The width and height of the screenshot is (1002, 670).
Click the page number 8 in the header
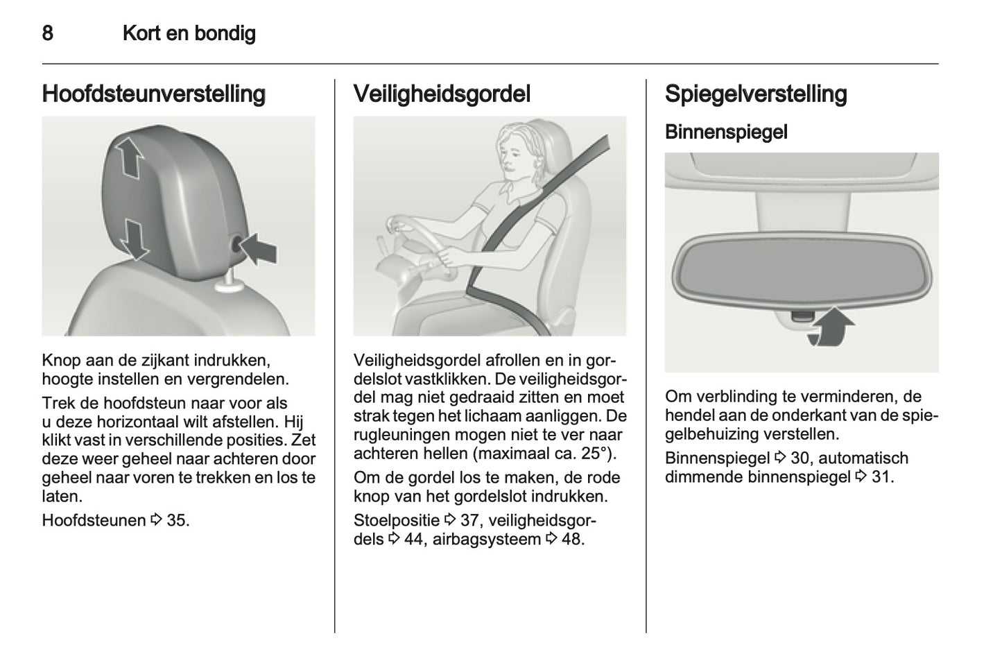tap(47, 33)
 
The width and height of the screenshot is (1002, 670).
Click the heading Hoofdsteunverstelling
tap(153, 94)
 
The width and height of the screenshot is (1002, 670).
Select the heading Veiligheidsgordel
tap(442, 94)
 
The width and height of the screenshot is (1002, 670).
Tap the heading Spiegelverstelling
tap(755, 94)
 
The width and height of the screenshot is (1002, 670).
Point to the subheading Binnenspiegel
tap(725, 132)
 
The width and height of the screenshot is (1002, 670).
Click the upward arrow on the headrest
tap(129, 157)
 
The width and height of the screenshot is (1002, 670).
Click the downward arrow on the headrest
tap(134, 237)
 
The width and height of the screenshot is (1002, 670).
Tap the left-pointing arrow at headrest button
tap(259, 247)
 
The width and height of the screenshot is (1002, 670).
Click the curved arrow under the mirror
tap(831, 327)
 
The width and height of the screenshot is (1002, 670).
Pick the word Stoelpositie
tap(396, 520)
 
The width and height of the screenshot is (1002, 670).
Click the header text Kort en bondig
tap(189, 33)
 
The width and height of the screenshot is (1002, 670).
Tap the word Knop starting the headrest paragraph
tap(61, 360)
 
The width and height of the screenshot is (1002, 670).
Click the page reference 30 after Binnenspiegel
tap(800, 458)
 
